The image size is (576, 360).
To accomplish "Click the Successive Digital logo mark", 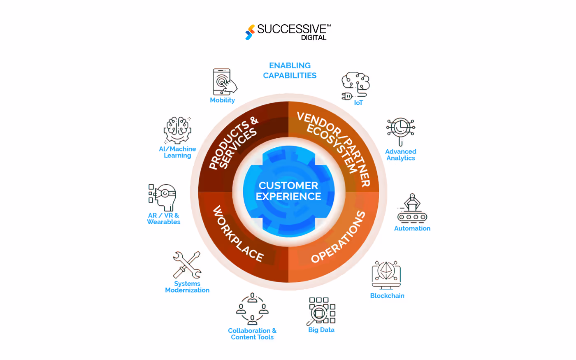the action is click(250, 32).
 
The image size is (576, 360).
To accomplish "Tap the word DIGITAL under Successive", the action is click(314, 37).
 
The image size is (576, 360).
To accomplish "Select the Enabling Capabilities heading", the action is click(290, 70).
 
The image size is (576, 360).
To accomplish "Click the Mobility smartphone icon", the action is click(225, 82).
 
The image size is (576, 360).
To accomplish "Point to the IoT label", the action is click(358, 103).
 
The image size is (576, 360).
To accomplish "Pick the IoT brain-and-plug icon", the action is click(355, 86).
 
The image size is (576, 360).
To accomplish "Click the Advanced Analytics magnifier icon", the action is click(400, 132).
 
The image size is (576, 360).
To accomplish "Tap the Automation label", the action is click(412, 228).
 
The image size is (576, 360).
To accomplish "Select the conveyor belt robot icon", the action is click(412, 208).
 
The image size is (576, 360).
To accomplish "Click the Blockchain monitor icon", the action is click(386, 275).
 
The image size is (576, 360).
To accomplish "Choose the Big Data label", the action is click(321, 330).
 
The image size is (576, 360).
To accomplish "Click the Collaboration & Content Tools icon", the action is click(252, 309).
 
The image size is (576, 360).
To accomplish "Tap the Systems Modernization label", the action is click(187, 287).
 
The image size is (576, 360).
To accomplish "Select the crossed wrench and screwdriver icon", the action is click(187, 265).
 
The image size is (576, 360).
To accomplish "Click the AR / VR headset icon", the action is click(162, 197).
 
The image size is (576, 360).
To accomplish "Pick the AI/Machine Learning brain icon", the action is click(177, 130).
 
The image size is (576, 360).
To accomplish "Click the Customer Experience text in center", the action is click(288, 191).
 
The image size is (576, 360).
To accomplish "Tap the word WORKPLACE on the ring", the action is click(238, 234).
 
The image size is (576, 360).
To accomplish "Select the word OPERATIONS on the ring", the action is click(338, 237).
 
